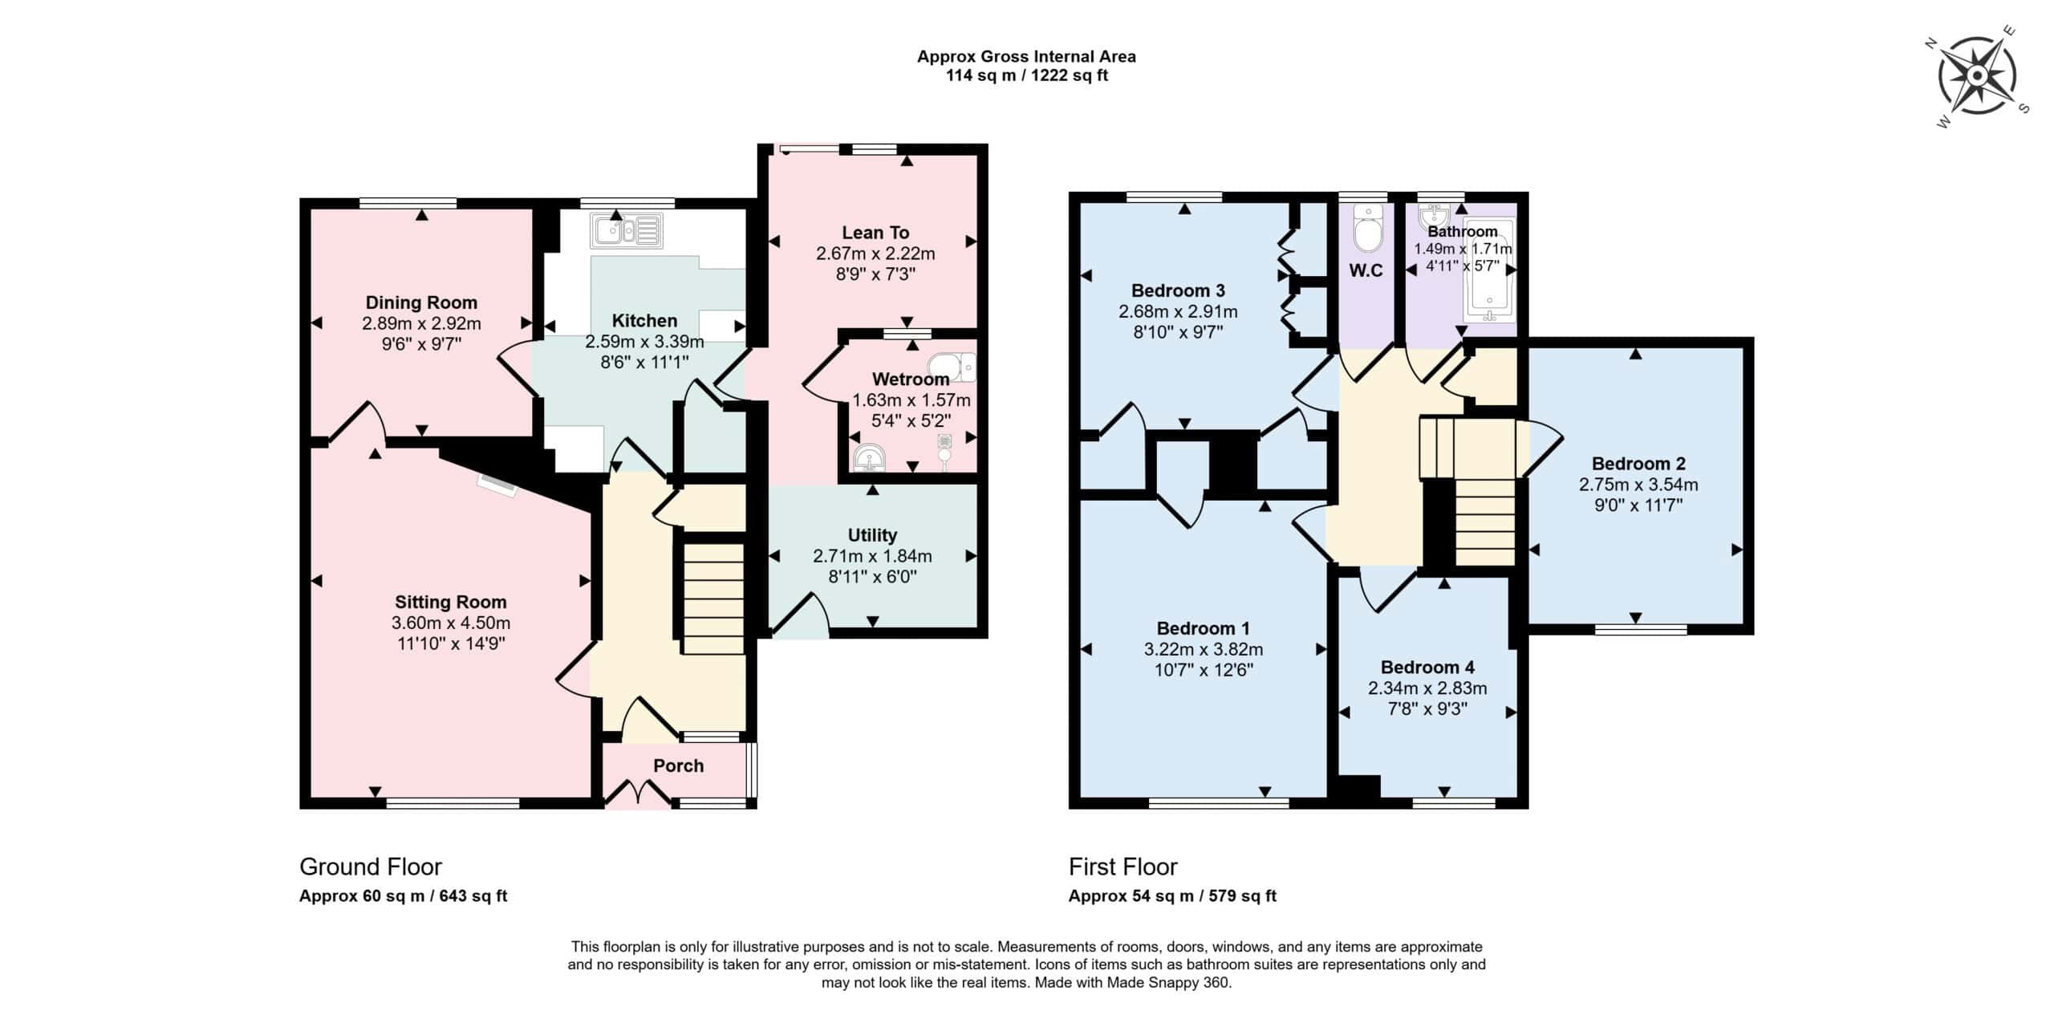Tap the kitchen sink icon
click(627, 230)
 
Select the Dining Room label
click(421, 302)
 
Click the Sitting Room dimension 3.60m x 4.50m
click(451, 623)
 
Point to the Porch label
click(678, 765)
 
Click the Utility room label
click(872, 535)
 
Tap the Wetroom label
click(911, 379)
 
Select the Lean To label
click(875, 233)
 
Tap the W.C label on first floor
click(1366, 270)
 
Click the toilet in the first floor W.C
click(1365, 228)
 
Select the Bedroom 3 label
click(1178, 290)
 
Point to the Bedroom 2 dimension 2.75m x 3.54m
click(1638, 485)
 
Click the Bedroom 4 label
click(1427, 668)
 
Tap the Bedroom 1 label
click(1203, 628)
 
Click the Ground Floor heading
click(371, 867)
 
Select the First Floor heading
click(1123, 867)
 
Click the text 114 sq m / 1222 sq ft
click(1027, 76)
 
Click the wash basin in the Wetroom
click(871, 458)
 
